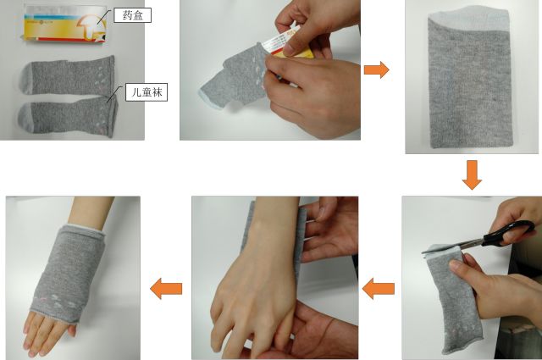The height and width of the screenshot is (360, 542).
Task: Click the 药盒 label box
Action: click(x=132, y=15)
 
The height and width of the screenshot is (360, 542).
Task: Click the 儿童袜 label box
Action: click(x=147, y=92)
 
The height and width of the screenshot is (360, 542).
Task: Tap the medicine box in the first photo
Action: click(x=65, y=25)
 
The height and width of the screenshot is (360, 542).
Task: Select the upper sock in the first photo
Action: click(x=69, y=75)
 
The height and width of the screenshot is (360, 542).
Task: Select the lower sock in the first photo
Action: click(x=68, y=117)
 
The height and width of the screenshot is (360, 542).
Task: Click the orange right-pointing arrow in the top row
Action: click(x=376, y=69)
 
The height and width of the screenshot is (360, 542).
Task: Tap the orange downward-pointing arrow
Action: click(x=472, y=174)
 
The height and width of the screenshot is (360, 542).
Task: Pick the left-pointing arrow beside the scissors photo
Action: click(x=379, y=288)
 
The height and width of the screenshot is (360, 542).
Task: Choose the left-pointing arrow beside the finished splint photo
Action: click(x=166, y=288)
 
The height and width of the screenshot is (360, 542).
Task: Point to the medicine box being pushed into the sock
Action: click(x=287, y=42)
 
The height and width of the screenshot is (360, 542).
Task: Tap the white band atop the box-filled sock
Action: click(x=469, y=19)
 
